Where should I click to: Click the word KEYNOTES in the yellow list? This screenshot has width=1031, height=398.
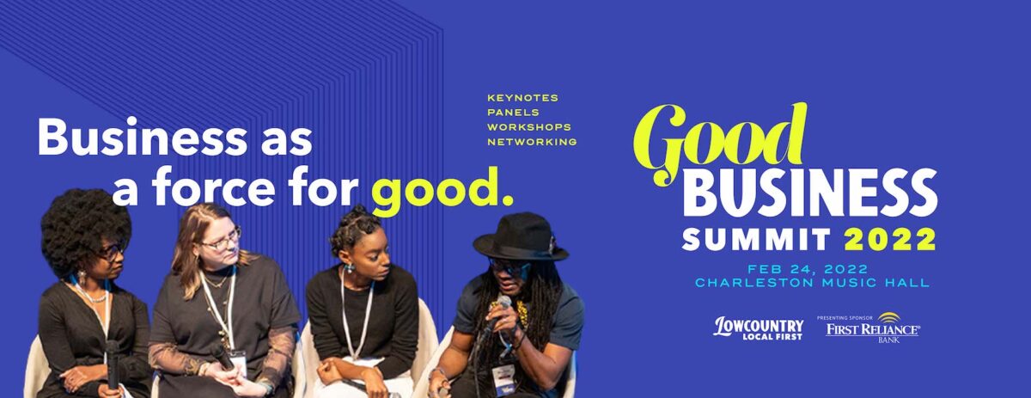tap(523, 98)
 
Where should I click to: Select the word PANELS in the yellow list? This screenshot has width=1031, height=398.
tap(513, 113)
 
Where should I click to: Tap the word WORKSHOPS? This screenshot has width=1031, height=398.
tap(529, 127)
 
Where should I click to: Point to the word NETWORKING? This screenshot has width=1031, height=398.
tap(532, 142)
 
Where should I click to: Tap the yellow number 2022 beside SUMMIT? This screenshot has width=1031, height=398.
tap(890, 240)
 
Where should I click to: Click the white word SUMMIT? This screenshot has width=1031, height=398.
tap(756, 240)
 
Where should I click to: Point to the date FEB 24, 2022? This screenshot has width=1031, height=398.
tap(808, 268)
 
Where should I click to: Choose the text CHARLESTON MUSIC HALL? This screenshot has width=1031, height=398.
tap(813, 282)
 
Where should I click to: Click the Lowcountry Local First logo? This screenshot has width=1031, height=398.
tap(759, 328)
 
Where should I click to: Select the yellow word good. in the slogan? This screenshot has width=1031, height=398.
tap(442, 190)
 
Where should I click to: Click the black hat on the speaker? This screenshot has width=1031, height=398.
tap(521, 237)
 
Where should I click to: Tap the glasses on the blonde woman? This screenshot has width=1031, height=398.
tap(222, 241)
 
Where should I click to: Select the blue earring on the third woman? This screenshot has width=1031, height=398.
tap(349, 267)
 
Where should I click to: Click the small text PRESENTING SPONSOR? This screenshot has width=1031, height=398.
tap(845, 318)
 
